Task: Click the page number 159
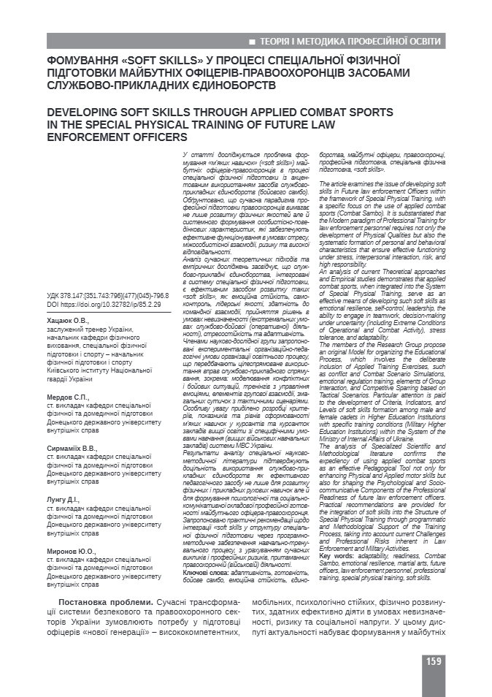coord(433,661)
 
